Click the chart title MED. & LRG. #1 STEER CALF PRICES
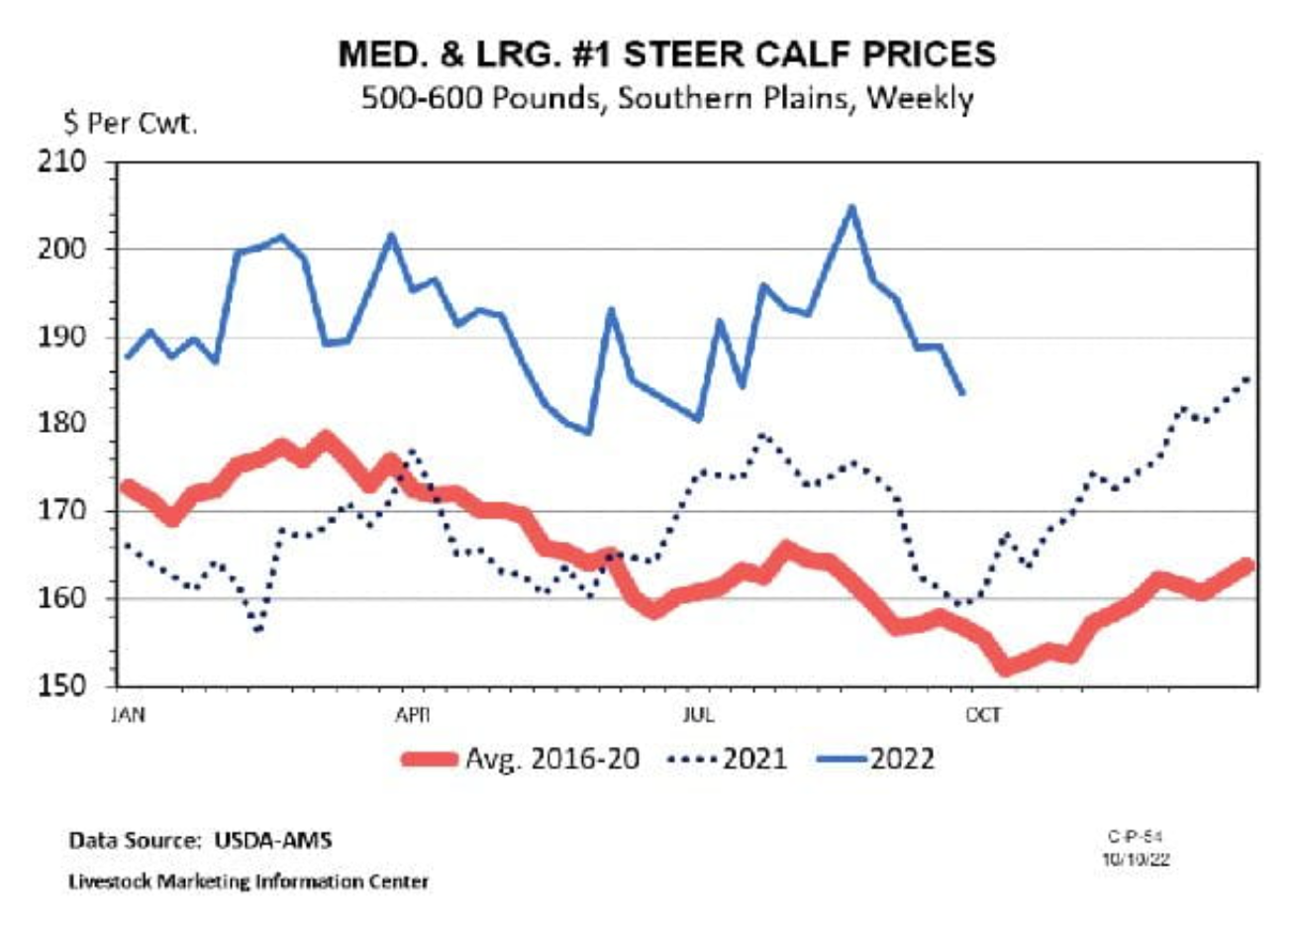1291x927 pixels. coord(666,54)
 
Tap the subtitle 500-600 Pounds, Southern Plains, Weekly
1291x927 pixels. coord(666,99)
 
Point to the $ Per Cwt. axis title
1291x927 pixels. coord(131,125)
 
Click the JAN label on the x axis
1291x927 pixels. coord(127,715)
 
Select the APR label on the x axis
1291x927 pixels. coord(412,715)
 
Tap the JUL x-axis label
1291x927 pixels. coord(698,715)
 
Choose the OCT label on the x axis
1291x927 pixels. coord(983,715)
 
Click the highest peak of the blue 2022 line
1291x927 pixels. coord(850,207)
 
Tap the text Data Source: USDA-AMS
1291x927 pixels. coord(200,841)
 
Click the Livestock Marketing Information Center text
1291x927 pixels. coord(248,880)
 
